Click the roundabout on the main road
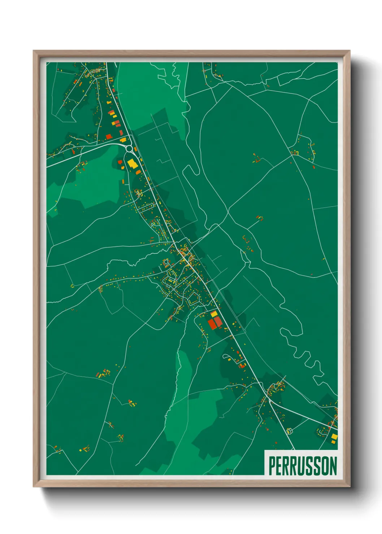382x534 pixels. pyautogui.click(x=130, y=148)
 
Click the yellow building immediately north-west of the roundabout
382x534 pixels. pyautogui.click(x=123, y=140)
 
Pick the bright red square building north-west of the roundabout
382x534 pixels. pyautogui.click(x=109, y=136)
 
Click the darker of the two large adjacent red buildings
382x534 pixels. pyautogui.click(x=212, y=323)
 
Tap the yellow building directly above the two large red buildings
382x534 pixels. pyautogui.click(x=214, y=314)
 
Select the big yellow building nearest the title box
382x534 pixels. pyautogui.click(x=334, y=437)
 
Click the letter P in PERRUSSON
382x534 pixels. pyautogui.click(x=272, y=466)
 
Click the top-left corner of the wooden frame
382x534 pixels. pyautogui.click(x=34, y=51)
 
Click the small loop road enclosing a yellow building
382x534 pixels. pyautogui.click(x=289, y=431)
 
